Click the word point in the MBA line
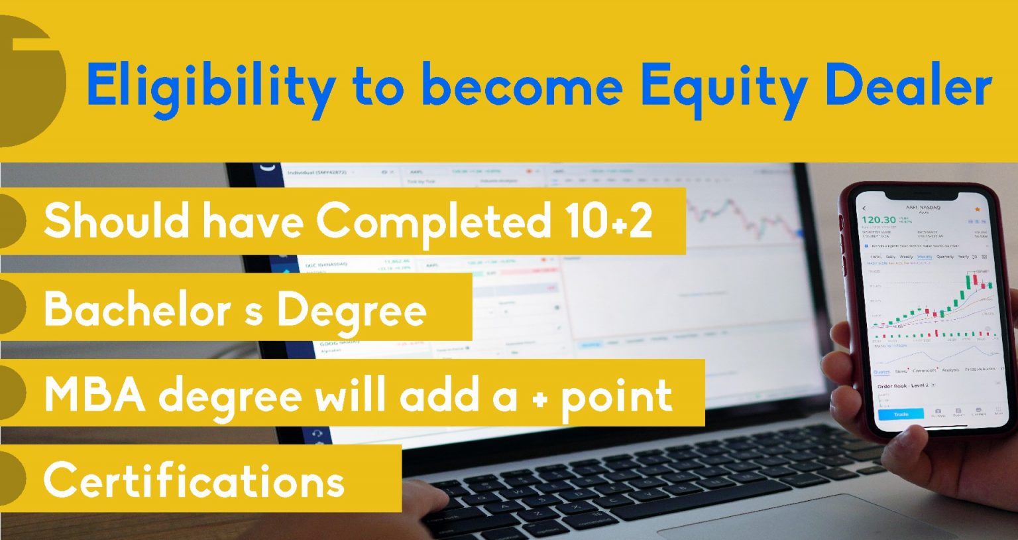616,396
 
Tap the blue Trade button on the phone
901,414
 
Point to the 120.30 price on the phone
878,220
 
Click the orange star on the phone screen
977,210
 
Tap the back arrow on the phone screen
864,208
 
